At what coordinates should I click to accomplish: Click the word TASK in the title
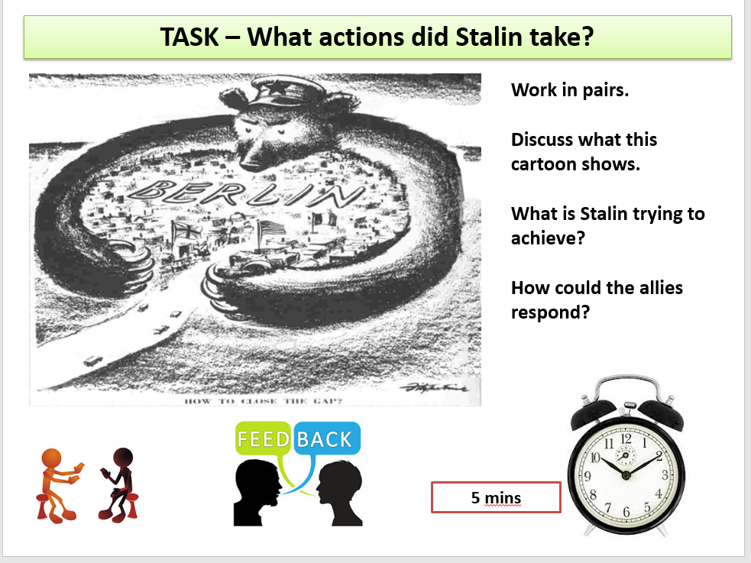[189, 37]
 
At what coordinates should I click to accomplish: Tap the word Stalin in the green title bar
[488, 37]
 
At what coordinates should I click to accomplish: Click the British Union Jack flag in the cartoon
[186, 232]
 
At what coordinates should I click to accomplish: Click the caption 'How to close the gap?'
[263, 401]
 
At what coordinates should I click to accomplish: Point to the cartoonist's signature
[434, 387]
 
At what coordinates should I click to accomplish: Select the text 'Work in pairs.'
[569, 90]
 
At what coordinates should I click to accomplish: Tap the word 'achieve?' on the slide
[548, 238]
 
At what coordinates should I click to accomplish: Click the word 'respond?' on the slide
[550, 312]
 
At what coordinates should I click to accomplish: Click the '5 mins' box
[496, 497]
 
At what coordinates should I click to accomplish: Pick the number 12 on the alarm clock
[626, 438]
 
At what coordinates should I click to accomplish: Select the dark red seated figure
[118, 484]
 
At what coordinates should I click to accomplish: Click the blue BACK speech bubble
[326, 438]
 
